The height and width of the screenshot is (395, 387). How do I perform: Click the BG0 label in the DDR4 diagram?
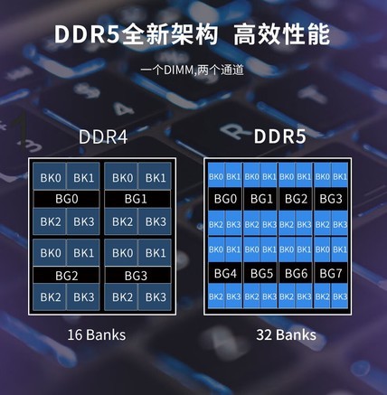click(x=66, y=199)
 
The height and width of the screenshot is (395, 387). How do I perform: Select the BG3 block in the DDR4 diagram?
click(x=137, y=276)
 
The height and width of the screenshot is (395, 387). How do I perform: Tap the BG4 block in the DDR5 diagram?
click(x=225, y=273)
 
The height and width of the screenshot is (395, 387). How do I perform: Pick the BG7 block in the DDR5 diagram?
click(x=331, y=273)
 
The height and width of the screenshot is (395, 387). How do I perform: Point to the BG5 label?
click(x=261, y=273)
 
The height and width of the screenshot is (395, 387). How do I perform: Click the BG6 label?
click(x=296, y=273)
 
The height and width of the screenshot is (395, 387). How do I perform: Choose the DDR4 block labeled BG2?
click(x=66, y=276)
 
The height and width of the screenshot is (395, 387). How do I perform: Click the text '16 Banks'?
click(x=97, y=334)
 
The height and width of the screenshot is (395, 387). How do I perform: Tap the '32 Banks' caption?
click(x=286, y=334)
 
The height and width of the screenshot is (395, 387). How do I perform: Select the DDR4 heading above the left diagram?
click(x=103, y=136)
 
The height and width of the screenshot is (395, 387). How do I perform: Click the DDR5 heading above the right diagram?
click(x=279, y=136)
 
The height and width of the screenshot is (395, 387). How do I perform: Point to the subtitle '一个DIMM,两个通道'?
click(x=192, y=71)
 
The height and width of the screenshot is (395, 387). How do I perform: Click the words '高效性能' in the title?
click(x=281, y=35)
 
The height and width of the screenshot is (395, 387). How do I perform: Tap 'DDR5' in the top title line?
click(x=88, y=34)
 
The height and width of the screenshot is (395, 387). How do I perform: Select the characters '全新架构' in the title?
click(x=169, y=35)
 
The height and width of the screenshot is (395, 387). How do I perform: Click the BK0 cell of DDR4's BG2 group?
click(x=50, y=252)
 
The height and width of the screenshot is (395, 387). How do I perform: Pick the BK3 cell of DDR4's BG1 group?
click(x=156, y=221)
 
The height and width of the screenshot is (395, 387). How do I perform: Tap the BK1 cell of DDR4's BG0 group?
click(x=83, y=177)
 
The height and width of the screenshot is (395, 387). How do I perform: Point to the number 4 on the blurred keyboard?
click(x=124, y=109)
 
